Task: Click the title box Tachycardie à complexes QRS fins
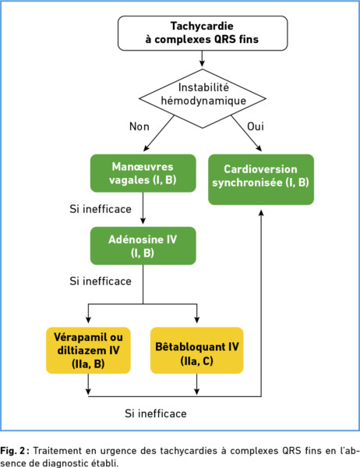click(x=203, y=33)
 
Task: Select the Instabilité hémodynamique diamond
click(x=203, y=99)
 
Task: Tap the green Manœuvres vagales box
click(x=143, y=173)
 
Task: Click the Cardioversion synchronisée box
click(x=261, y=179)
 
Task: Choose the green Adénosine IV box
click(x=143, y=246)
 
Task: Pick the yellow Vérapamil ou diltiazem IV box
click(x=88, y=350)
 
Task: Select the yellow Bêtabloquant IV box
click(x=197, y=350)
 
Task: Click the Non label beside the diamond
click(x=139, y=126)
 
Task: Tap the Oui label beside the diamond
click(x=256, y=126)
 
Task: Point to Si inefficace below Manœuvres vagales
click(x=101, y=209)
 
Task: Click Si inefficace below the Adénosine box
click(x=101, y=281)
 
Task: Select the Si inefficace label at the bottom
click(x=156, y=413)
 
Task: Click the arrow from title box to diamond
click(x=203, y=58)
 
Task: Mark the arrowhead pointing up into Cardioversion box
click(x=261, y=212)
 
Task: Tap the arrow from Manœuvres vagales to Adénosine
click(x=143, y=208)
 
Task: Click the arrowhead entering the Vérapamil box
click(x=88, y=320)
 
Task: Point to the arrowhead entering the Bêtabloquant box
click(x=197, y=320)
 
